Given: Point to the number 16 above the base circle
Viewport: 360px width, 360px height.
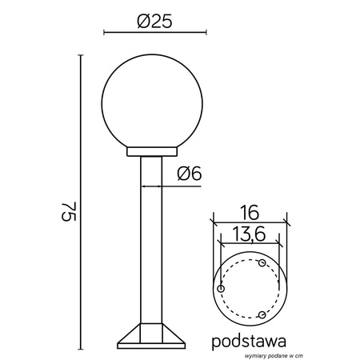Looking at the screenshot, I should point(249,212).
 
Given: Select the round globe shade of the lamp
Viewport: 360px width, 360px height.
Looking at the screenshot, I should point(152,104).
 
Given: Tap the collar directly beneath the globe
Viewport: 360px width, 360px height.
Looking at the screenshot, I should point(152,152).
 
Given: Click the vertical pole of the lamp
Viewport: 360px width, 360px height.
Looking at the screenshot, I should point(151,240).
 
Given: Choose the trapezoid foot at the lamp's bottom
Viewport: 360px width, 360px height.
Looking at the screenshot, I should point(151,337).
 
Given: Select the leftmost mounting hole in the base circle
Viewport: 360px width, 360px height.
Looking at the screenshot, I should point(221,288).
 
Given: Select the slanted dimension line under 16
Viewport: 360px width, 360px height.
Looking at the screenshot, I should point(249,223).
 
